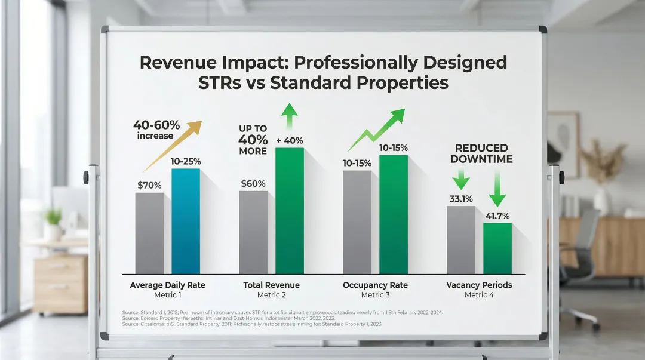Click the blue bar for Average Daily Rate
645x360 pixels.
coord(186,221)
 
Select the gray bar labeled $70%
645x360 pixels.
coord(149,233)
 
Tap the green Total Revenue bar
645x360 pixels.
coord(289,210)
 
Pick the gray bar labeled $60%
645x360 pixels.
coord(253,232)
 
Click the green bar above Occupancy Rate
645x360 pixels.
coord(393,214)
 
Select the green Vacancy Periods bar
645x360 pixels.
coord(497,248)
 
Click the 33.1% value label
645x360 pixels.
coord(461,199)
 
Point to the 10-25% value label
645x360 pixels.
coord(186,161)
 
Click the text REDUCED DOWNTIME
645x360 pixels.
coord(481,153)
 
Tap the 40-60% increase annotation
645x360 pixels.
coord(156,130)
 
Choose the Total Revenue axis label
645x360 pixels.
coord(271,285)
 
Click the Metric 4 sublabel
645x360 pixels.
coord(479,295)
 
